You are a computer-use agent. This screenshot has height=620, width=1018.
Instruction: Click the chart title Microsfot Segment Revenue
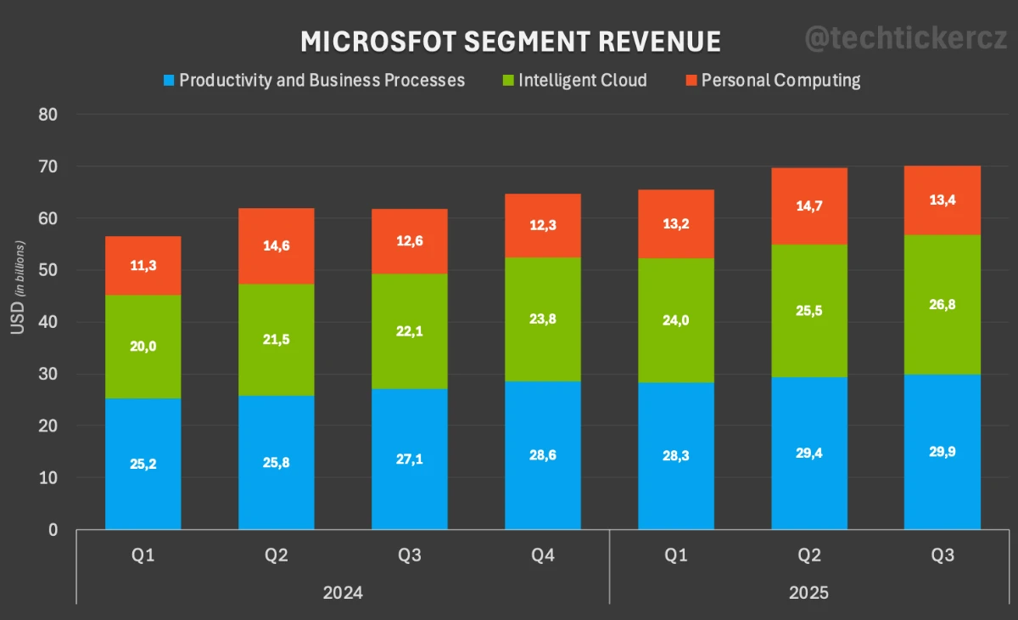point(510,42)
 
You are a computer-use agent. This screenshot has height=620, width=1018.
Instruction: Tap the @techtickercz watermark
point(905,38)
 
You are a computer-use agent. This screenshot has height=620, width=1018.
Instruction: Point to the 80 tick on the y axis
point(48,115)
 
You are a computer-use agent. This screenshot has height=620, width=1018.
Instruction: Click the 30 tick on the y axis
point(48,375)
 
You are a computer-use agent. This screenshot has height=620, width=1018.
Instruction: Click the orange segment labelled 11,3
point(143,265)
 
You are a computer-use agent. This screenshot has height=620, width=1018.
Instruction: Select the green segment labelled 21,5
point(276,339)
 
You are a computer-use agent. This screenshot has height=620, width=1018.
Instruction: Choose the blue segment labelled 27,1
point(409,459)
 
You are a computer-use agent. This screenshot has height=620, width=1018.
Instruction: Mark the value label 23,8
point(542,319)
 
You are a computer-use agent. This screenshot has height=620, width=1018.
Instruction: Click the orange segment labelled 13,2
point(675,224)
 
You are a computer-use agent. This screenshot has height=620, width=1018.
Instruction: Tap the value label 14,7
point(808,206)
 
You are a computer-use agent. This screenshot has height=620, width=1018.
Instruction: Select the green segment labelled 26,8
point(942,304)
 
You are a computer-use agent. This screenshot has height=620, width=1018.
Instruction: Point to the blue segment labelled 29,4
point(808,453)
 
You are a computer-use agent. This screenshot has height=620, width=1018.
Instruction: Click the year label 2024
point(343,592)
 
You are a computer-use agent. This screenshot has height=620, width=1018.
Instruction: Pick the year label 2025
point(808,592)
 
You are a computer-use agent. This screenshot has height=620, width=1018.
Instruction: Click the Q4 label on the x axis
point(542,555)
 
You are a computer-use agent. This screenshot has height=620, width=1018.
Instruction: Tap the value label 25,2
point(143,464)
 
